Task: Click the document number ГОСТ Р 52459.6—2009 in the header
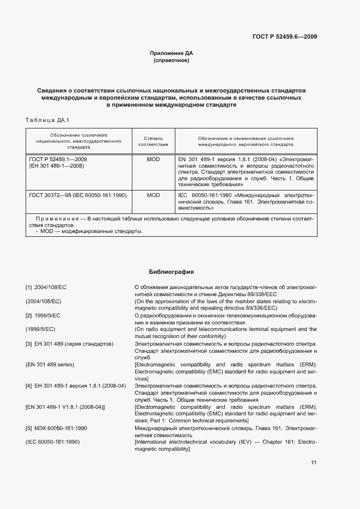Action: click(x=285, y=36)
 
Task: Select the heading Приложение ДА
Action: click(x=171, y=53)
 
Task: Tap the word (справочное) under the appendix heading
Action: click(x=171, y=61)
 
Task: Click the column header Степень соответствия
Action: click(x=153, y=142)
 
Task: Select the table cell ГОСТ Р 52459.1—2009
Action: click(x=58, y=160)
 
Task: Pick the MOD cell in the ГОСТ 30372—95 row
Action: click(x=153, y=195)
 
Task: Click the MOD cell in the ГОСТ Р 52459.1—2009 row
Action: click(x=153, y=160)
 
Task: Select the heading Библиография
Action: click(x=171, y=271)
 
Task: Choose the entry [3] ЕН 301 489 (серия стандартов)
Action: click(x=69, y=345)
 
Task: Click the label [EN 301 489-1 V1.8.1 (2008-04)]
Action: click(x=65, y=407)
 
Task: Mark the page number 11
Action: click(x=313, y=463)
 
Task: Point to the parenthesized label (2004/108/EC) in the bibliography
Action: click(x=44, y=301)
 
